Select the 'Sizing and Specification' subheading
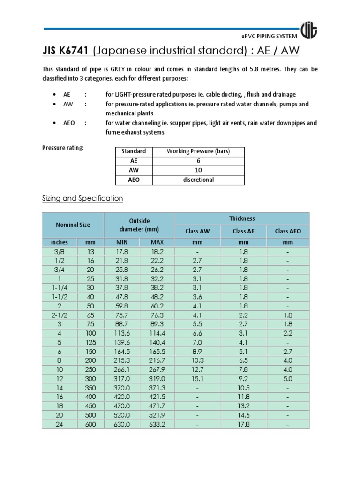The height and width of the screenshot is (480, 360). [82, 198]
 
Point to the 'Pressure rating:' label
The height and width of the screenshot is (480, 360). [63, 148]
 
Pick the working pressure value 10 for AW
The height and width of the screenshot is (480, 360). [198, 171]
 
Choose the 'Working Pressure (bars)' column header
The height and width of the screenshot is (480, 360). [198, 151]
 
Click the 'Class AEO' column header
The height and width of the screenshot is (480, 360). [288, 231]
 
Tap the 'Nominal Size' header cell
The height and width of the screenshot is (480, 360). [73, 225]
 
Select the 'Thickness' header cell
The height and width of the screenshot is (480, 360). [242, 218]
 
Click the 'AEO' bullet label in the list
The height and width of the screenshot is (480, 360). [69, 123]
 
